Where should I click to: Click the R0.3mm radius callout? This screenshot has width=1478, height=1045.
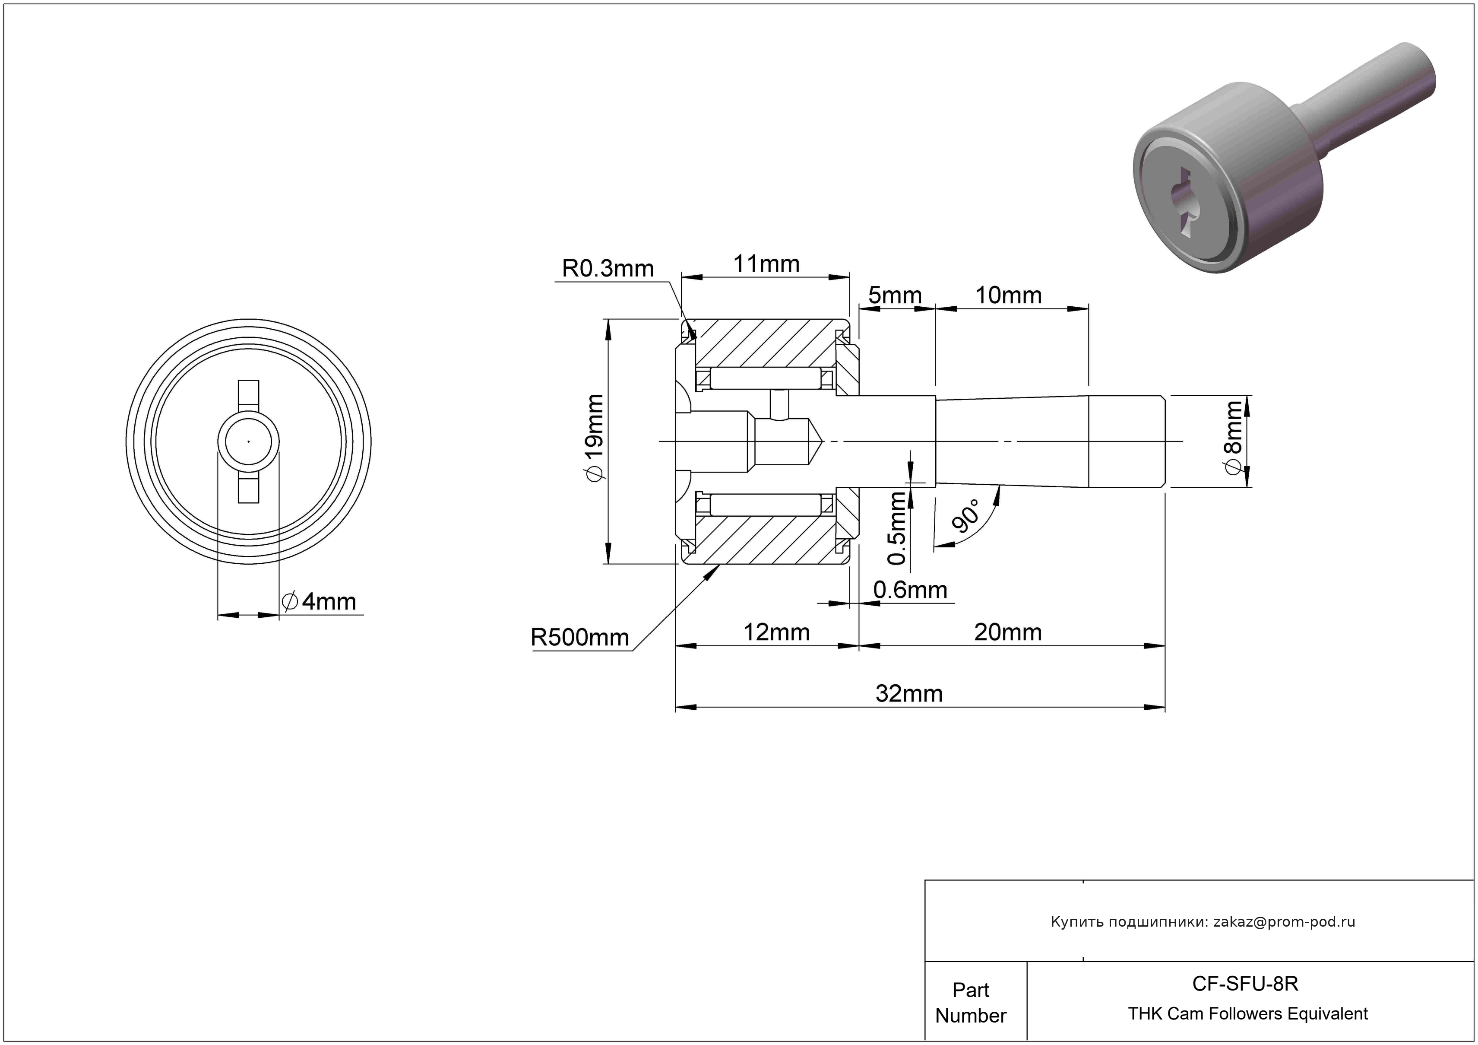(x=608, y=269)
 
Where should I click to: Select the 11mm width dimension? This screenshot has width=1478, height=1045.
(x=766, y=264)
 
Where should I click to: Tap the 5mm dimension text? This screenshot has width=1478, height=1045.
(x=895, y=295)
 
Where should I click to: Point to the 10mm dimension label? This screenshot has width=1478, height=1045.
(x=1008, y=295)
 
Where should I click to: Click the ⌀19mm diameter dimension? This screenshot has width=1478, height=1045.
(x=594, y=438)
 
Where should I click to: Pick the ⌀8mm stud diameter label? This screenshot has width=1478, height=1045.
(x=1233, y=438)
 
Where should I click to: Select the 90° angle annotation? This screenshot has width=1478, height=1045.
(x=965, y=515)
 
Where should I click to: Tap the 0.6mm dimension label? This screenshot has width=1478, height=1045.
(x=910, y=590)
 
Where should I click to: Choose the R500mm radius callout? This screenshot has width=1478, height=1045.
(x=579, y=638)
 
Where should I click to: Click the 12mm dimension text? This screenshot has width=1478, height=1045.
(x=776, y=632)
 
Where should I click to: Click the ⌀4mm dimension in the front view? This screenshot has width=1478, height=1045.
(x=320, y=601)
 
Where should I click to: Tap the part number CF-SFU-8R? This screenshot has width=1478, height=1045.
(x=1245, y=983)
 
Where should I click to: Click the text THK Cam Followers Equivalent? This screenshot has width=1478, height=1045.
(x=1247, y=1013)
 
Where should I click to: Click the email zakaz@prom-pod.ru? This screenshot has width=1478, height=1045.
(x=1284, y=921)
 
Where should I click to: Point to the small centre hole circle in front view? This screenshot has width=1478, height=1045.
(x=248, y=441)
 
